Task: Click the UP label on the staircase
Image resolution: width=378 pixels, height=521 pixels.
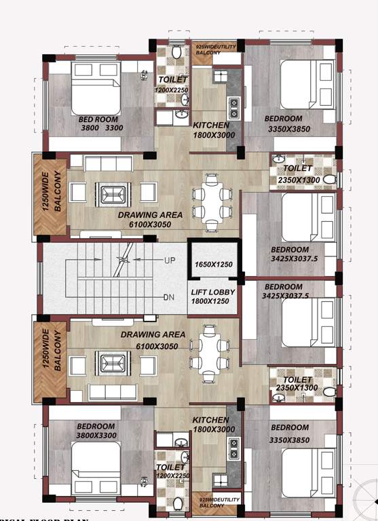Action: [169, 260]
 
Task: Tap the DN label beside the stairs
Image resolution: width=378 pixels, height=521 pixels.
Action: [169, 297]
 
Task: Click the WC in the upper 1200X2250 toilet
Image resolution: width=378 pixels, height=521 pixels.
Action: [176, 52]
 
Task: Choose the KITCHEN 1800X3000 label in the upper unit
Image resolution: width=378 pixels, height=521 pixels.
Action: [211, 130]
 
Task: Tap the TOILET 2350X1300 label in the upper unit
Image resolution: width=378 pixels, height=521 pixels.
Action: [298, 174]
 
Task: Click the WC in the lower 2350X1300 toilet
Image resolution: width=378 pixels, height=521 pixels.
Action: [328, 391]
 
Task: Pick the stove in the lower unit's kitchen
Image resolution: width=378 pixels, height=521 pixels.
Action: [233, 447]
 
